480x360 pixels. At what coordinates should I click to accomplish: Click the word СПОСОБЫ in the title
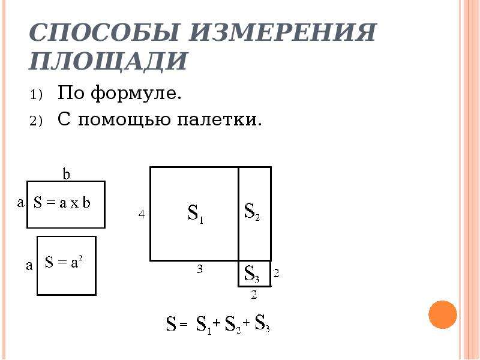tap(104, 32)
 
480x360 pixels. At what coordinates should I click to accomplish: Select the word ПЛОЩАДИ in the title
tap(108, 61)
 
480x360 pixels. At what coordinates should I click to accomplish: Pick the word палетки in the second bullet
tap(220, 119)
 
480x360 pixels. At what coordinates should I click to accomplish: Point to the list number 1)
tap(36, 95)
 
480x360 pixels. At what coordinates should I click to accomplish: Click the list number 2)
tap(36, 121)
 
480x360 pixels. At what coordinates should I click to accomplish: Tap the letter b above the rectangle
tap(67, 173)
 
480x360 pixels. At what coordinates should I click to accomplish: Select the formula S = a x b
tap(62, 202)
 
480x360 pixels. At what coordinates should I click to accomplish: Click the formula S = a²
tap(64, 262)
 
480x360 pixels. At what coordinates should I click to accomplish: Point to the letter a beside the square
tap(29, 265)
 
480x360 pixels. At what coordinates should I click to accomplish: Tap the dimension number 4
tap(142, 215)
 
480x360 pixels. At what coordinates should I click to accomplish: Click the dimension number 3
tap(200, 269)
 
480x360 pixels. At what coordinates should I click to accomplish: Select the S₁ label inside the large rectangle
tap(196, 214)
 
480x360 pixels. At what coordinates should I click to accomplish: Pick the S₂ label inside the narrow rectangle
tap(252, 211)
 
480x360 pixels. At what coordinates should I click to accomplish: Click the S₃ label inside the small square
tap(252, 274)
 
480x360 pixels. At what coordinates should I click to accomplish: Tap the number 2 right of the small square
tap(276, 273)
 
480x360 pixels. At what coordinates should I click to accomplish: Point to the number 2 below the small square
tap(254, 295)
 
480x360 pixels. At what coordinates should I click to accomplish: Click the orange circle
tap(443, 314)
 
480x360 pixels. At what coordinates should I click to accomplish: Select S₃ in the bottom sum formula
tap(262, 323)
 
